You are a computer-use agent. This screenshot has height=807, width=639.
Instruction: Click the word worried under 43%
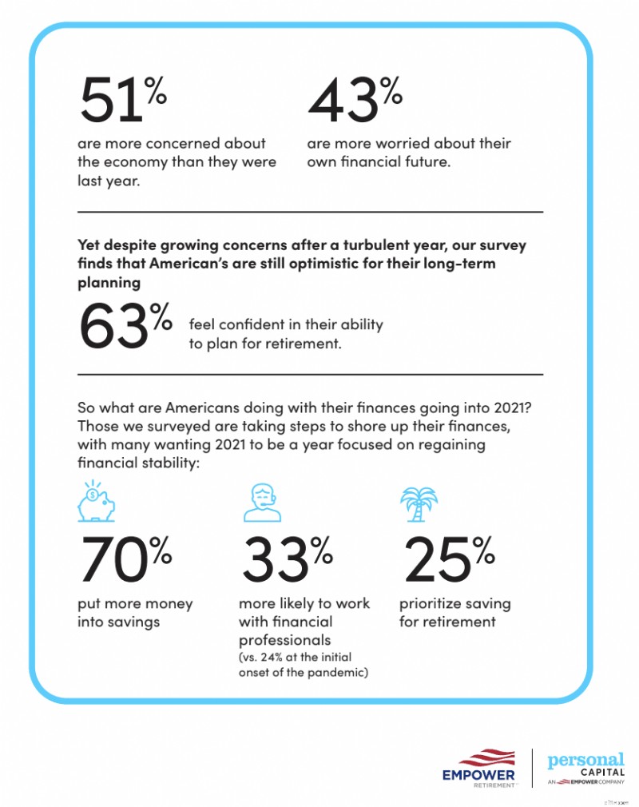click(399, 144)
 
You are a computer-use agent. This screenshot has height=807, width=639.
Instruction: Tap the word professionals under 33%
click(284, 640)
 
